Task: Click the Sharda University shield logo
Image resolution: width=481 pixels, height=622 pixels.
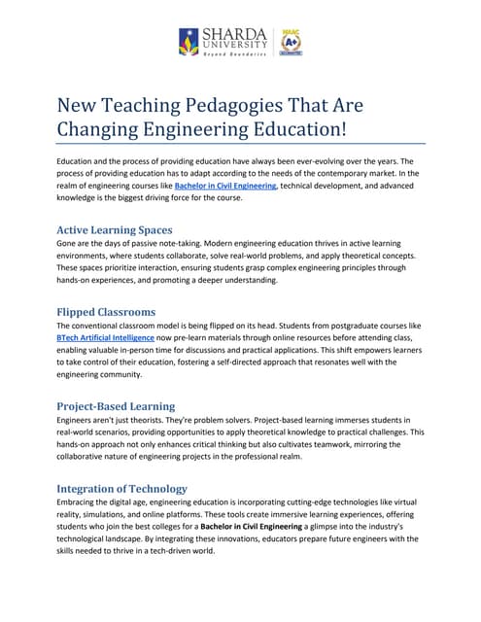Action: pos(189,42)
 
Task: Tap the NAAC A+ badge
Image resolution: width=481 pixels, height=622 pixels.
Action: pos(289,42)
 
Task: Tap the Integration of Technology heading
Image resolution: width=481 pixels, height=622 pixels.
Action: pos(122,487)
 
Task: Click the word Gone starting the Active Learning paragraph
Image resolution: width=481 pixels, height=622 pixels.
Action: pos(68,243)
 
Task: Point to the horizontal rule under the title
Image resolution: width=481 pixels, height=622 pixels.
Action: pos(240,143)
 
